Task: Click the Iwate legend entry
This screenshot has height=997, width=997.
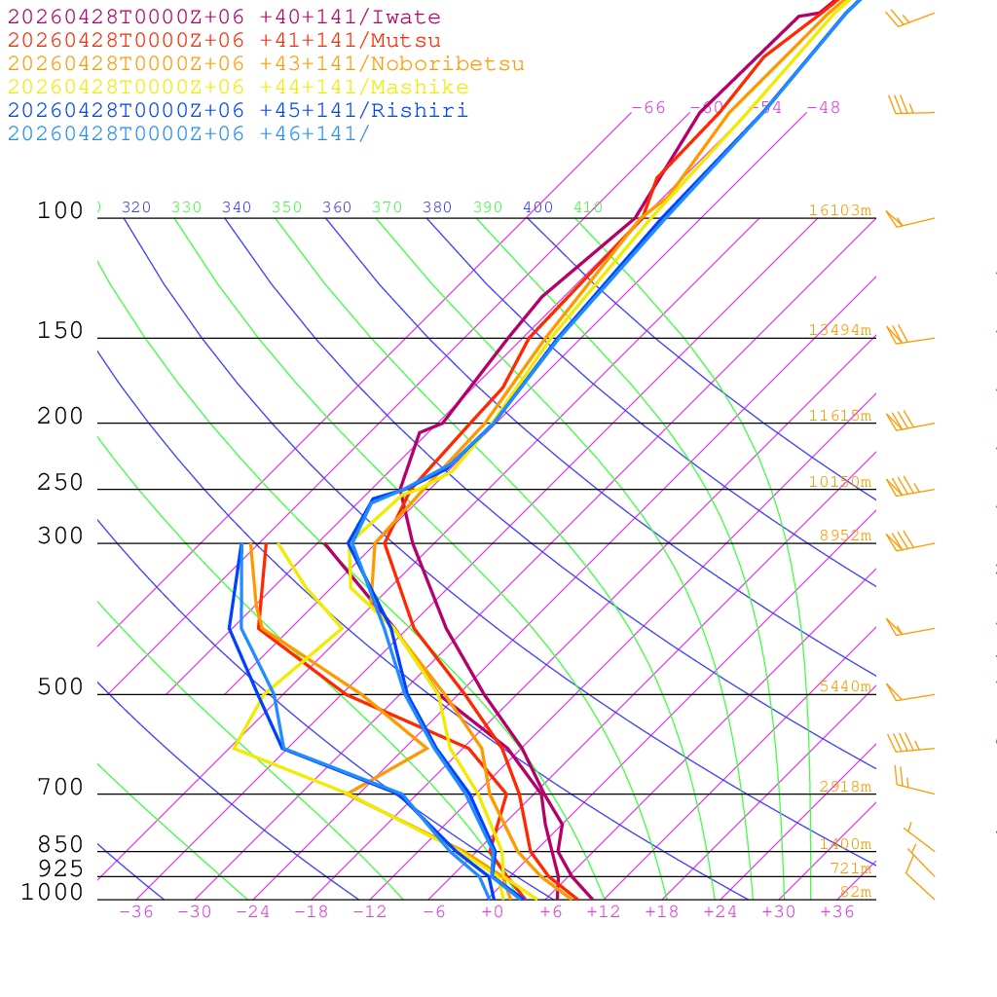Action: (x=224, y=18)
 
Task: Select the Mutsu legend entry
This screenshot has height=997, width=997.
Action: (x=224, y=41)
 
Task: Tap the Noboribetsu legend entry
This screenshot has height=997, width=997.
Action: (x=266, y=64)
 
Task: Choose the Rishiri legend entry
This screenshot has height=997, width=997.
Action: (x=238, y=110)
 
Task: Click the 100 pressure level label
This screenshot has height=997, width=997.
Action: (x=60, y=210)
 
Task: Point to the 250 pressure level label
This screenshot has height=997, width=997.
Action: (x=60, y=483)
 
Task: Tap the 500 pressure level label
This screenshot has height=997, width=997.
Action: (x=60, y=687)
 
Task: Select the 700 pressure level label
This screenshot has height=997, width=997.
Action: (x=60, y=788)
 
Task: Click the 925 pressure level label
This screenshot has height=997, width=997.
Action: (x=60, y=868)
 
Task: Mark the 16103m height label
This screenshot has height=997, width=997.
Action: (x=840, y=210)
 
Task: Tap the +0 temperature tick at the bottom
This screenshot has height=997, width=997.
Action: (x=493, y=912)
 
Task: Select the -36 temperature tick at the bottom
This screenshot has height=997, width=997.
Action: (x=136, y=912)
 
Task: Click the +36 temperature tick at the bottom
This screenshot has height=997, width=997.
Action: (x=837, y=912)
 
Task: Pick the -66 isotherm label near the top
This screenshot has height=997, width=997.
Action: (x=648, y=108)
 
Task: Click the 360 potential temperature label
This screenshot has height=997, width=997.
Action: (x=337, y=207)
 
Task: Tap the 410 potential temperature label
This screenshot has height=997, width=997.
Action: (x=588, y=207)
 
